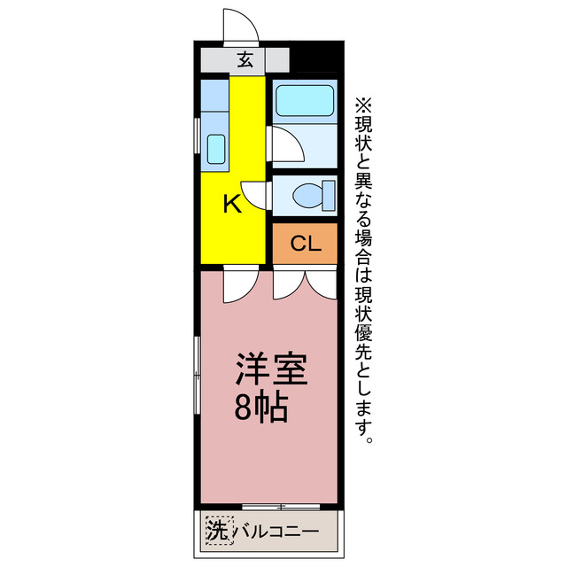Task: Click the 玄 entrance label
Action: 245,60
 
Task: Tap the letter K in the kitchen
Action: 231,204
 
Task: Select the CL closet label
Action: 305,243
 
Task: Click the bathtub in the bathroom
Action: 303,101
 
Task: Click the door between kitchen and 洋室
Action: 238,283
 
